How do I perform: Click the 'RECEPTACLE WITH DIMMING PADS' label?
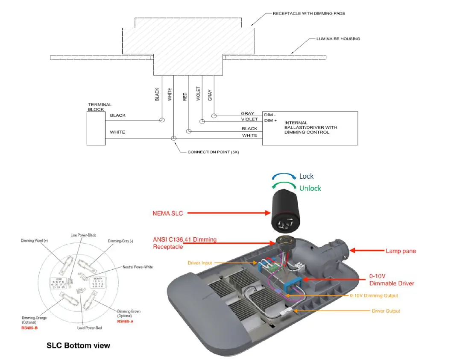pyautogui.click(x=309, y=14)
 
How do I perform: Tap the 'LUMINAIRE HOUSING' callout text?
pyautogui.click(x=338, y=39)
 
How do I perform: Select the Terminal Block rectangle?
pyautogui.click(x=96, y=128)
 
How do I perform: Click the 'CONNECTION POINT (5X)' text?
pyautogui.click(x=213, y=152)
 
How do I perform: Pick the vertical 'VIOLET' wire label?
pyautogui.click(x=198, y=93)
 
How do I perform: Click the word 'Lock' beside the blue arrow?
pyautogui.click(x=306, y=176)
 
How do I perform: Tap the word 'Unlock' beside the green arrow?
pyautogui.click(x=310, y=188)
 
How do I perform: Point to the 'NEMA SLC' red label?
pyautogui.click(x=168, y=213)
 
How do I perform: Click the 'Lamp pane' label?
pyautogui.click(x=401, y=251)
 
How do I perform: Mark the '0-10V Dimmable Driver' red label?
pyautogui.click(x=392, y=280)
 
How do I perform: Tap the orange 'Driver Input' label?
pyautogui.click(x=199, y=263)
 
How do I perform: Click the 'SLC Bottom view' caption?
pyautogui.click(x=78, y=345)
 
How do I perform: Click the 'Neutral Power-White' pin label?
pyautogui.click(x=138, y=267)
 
